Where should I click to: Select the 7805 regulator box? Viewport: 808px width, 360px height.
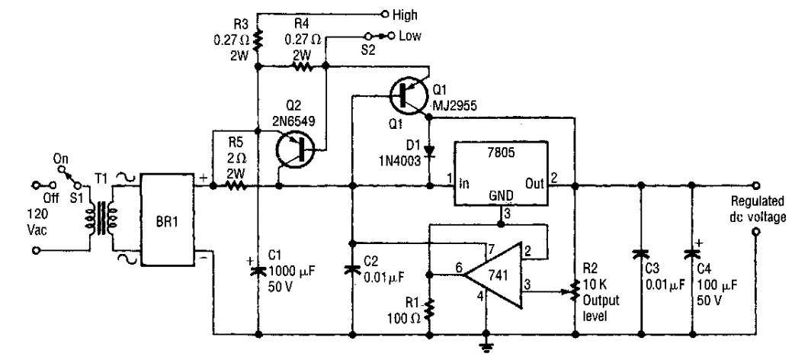pyautogui.click(x=508, y=174)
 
